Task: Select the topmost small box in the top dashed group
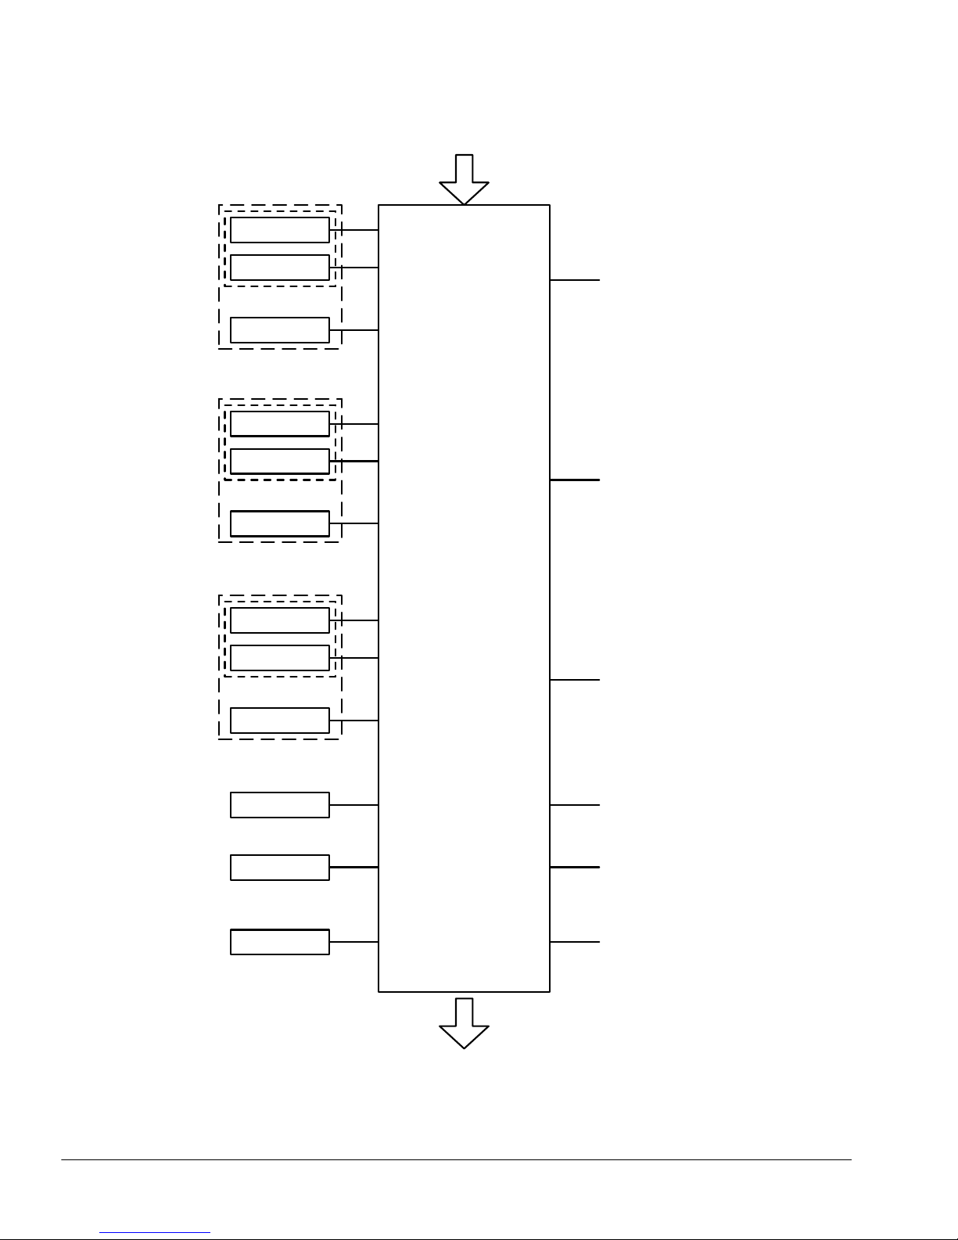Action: coord(279,230)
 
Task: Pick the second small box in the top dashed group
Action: coord(279,268)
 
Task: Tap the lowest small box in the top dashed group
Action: coord(279,330)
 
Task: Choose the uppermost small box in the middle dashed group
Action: coord(279,423)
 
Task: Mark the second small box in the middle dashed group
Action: coord(279,461)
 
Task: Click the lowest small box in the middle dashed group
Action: coord(279,523)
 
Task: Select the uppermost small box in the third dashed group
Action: coord(279,620)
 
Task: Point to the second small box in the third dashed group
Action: coord(279,658)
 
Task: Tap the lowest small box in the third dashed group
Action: coord(279,721)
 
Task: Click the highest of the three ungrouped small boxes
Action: coord(279,805)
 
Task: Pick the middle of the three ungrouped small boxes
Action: coord(279,868)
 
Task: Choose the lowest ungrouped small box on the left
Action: coord(279,942)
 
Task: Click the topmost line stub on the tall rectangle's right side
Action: coord(575,279)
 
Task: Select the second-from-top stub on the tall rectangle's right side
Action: coord(575,480)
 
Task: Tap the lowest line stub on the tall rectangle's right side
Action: coord(575,942)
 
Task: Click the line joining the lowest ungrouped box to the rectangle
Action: coord(353,942)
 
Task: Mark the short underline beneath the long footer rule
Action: coord(155,1233)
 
